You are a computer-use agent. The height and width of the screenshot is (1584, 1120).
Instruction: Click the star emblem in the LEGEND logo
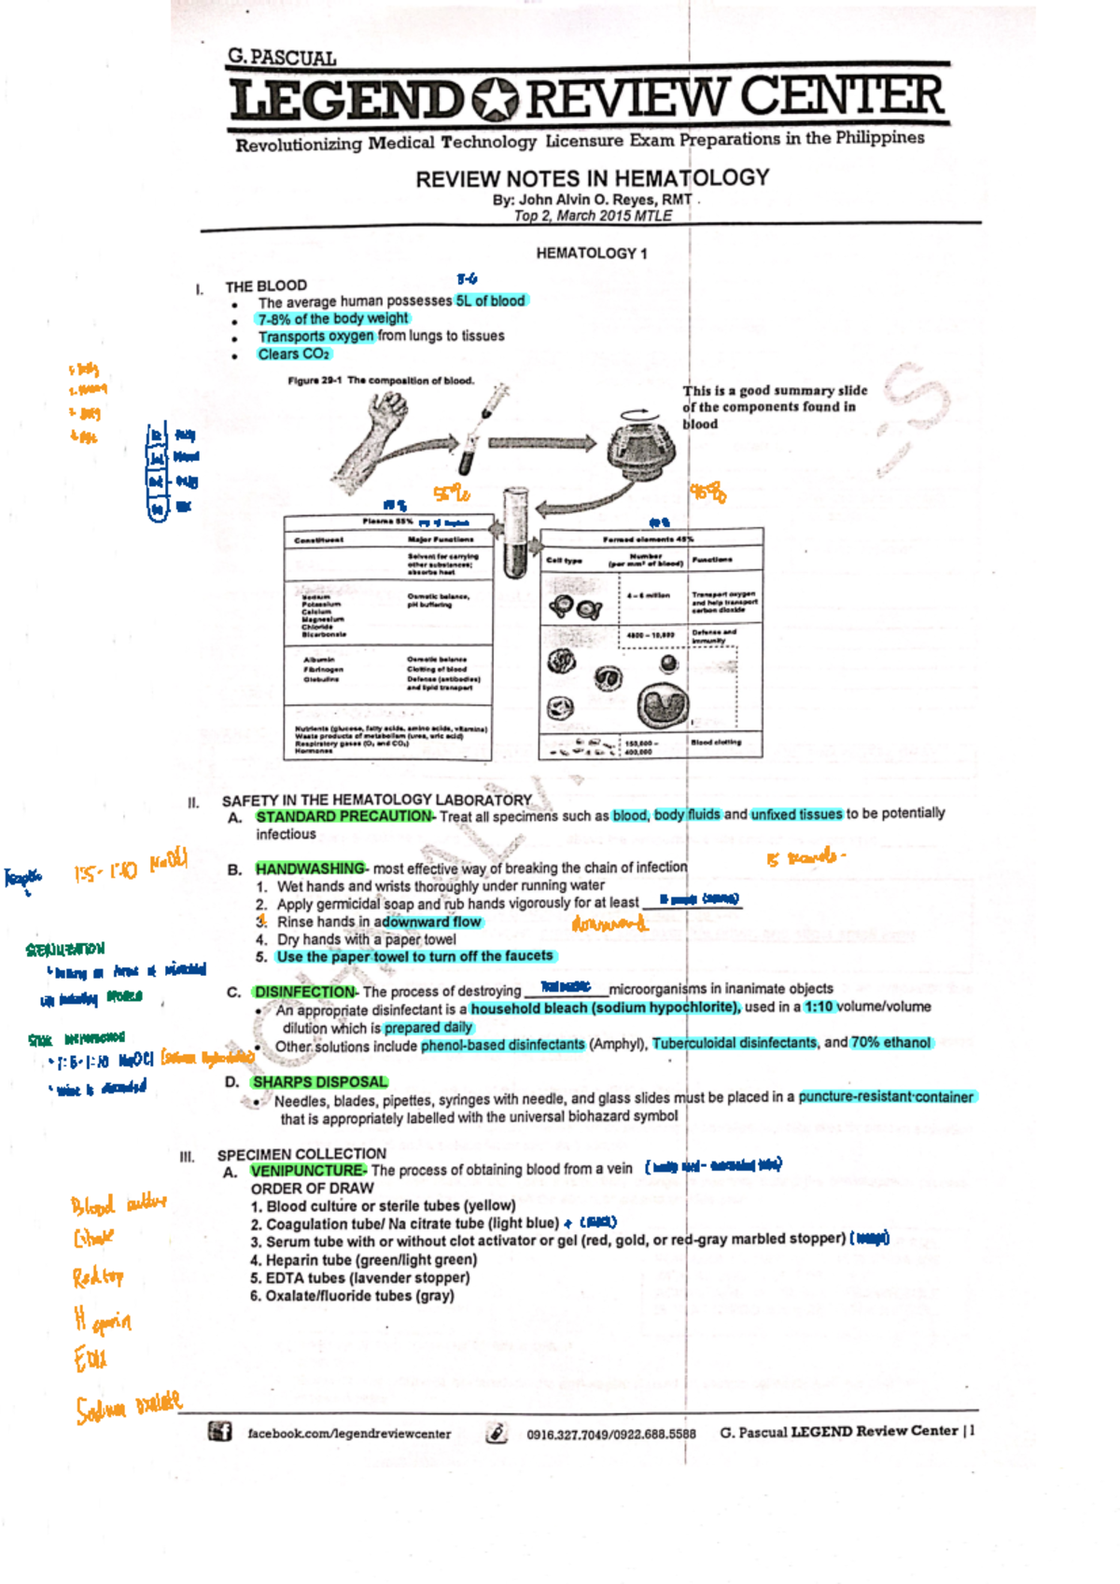tap(495, 100)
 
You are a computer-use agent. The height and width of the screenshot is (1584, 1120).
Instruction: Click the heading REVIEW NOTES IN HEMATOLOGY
tap(592, 178)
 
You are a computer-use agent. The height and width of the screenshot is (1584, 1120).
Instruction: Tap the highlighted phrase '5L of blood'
tap(491, 300)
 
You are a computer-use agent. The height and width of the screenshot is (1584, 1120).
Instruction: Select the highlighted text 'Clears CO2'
tap(294, 354)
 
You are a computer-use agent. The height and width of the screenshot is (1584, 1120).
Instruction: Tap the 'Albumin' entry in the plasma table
tap(319, 660)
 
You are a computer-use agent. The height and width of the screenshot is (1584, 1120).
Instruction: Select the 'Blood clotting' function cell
tap(716, 743)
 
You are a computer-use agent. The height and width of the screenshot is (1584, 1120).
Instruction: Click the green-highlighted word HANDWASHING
tap(310, 868)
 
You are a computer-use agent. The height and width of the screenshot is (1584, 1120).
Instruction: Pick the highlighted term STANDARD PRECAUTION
tap(343, 816)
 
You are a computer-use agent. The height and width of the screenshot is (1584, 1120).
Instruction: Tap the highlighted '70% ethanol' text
tap(890, 1043)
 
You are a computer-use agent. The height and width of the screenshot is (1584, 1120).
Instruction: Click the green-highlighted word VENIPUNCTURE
tap(308, 1171)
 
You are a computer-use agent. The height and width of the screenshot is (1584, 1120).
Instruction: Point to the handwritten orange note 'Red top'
tap(98, 1277)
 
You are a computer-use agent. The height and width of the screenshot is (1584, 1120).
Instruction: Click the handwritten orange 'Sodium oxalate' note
tap(129, 1406)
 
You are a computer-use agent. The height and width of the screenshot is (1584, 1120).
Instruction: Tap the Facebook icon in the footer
tap(220, 1431)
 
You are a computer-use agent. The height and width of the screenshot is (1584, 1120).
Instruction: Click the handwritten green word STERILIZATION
tap(65, 950)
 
